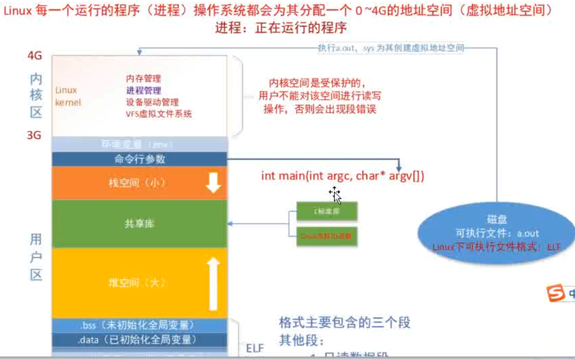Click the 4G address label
click(35, 55)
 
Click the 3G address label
click(34, 135)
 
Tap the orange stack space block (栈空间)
click(139, 183)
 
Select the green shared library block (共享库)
click(139, 223)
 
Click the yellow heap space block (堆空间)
click(139, 282)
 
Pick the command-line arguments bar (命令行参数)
click(139, 159)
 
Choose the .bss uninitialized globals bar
click(139, 325)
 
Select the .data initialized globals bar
click(139, 339)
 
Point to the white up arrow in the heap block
click(214, 283)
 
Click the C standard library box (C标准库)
click(327, 211)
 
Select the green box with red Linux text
click(327, 236)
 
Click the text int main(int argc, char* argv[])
click(342, 176)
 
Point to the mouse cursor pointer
click(335, 195)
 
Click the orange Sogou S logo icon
click(556, 294)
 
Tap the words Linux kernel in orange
click(67, 96)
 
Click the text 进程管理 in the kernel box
click(144, 91)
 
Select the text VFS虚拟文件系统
click(159, 114)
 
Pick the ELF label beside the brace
click(255, 348)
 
